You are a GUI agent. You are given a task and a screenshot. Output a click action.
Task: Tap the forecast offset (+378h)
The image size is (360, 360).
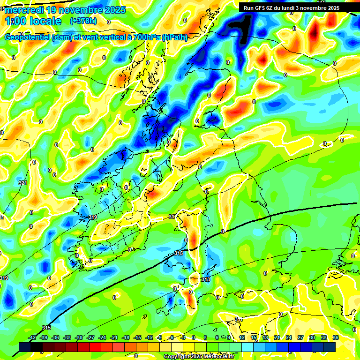pyautogui.click(x=83, y=21)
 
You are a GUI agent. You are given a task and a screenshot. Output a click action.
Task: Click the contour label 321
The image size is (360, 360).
pyautogui.click(x=22, y=183)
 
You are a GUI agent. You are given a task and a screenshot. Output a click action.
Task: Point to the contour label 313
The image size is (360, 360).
pyautogui.click(x=205, y=279)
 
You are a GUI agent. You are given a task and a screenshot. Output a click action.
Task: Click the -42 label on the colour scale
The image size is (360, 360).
pyautogui.click(x=32, y=337)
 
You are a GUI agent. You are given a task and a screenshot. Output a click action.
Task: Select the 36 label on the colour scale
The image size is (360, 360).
pyautogui.click(x=336, y=337)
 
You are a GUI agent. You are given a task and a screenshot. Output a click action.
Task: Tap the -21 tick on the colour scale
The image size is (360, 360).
pyautogui.click(x=114, y=337)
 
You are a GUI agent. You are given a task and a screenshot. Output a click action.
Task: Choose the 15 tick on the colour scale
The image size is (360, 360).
pyautogui.click(x=254, y=337)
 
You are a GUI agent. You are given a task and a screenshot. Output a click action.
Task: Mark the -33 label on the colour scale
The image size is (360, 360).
pyautogui.click(x=67, y=337)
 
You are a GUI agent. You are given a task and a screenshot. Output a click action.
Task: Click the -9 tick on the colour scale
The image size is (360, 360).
pyautogui.click(x=159, y=337)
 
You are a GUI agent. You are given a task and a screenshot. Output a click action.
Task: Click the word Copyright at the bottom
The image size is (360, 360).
pyautogui.click(x=178, y=357)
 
